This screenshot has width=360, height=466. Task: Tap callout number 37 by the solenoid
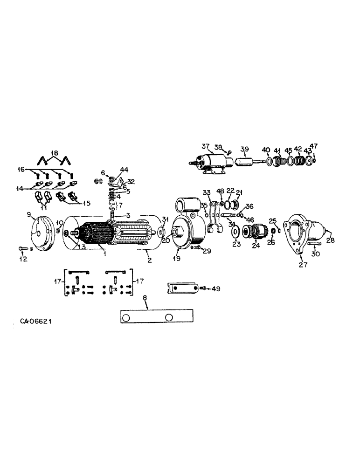206,146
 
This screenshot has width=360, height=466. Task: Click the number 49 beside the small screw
215,289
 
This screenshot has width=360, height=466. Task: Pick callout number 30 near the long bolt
316,255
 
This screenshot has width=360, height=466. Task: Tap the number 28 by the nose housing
331,240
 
